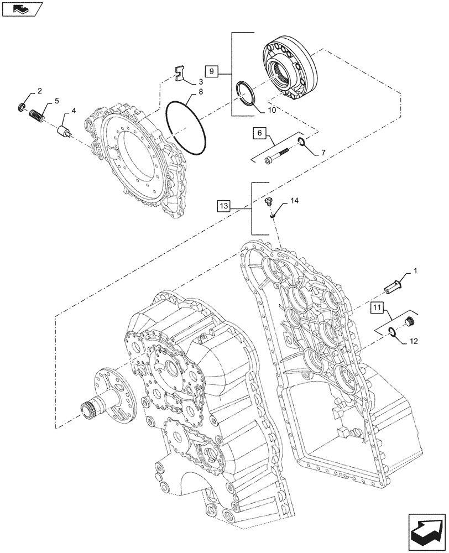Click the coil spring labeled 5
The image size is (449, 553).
36,116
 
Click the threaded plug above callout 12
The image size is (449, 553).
410,321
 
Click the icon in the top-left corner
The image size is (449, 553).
21,8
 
